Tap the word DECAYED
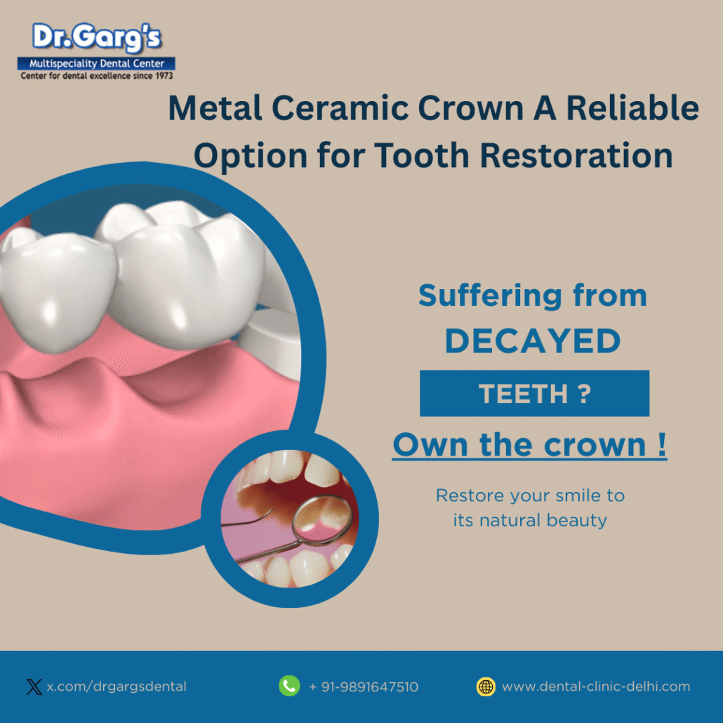[x=533, y=342]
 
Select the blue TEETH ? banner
[x=534, y=394]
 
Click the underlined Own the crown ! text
[x=529, y=445]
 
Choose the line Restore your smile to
[x=530, y=496]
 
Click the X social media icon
[x=34, y=686]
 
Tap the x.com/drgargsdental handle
[x=117, y=686]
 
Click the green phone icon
[x=289, y=686]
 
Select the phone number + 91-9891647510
[x=363, y=686]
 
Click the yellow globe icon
[x=486, y=686]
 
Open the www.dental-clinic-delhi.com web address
[x=596, y=686]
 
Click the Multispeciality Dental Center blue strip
[x=96, y=64]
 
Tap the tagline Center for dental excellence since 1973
[x=96, y=75]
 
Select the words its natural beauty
[x=530, y=521]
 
